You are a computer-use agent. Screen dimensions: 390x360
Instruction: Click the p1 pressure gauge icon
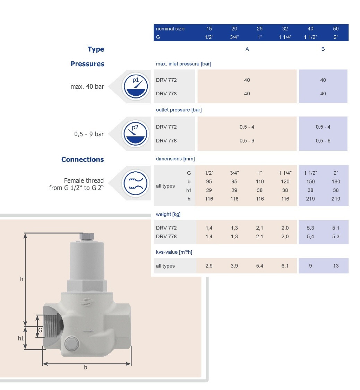point(136,87)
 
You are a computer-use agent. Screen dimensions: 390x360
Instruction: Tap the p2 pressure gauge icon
point(136,134)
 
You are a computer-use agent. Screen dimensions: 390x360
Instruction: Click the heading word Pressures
point(87,64)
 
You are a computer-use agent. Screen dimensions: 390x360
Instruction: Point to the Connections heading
point(83,159)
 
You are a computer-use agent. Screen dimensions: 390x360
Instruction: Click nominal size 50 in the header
point(335,29)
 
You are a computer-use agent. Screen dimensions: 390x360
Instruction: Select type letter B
point(323,49)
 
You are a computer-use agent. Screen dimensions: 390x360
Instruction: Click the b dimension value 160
point(336,181)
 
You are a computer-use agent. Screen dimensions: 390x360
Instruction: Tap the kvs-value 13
point(336,266)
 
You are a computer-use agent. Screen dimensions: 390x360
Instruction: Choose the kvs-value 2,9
point(209,266)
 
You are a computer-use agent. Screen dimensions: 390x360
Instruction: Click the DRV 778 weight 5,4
point(310,236)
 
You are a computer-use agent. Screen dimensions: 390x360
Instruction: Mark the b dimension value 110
point(260,181)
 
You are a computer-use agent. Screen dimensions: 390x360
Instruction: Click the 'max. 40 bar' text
point(87,87)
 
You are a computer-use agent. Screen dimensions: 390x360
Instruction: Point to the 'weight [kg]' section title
point(168,215)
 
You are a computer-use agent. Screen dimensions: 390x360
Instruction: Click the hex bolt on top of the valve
point(87,237)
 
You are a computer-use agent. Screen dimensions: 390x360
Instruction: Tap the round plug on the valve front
point(71,344)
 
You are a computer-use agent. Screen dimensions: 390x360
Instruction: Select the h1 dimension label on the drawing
point(21,338)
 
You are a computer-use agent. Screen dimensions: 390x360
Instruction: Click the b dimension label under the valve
point(86,368)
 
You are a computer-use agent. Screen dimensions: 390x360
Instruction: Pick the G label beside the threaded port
point(40,330)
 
